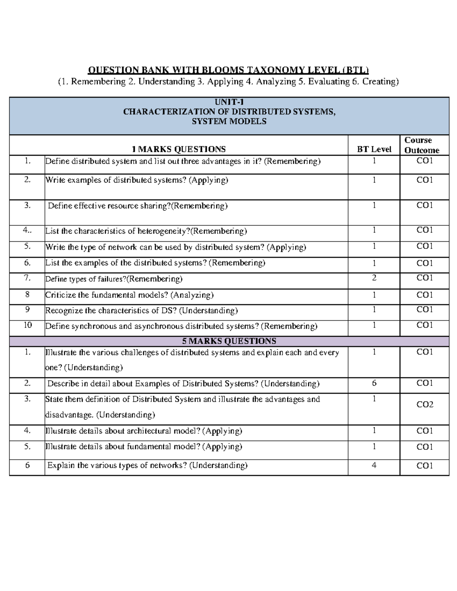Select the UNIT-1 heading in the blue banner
tap(229, 102)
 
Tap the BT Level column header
tap(374, 149)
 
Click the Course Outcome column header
tap(422, 145)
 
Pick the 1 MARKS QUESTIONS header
tap(179, 149)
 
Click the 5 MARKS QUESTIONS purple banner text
tap(229, 341)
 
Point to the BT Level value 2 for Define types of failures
tap(374, 278)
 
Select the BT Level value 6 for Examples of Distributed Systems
tap(374, 383)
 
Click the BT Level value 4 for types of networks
tap(374, 465)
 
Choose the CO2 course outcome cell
tap(425, 405)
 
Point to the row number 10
tap(27, 325)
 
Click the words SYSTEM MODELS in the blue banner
tap(229, 122)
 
